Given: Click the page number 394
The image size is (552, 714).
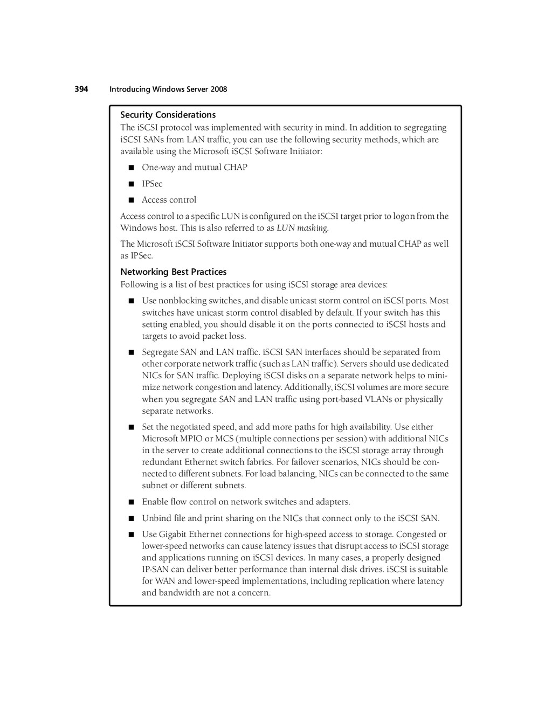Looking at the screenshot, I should [x=81, y=89].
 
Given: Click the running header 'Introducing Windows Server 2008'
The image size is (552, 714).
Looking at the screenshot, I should [x=168, y=89].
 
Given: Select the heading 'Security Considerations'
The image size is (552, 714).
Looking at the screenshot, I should [x=168, y=115].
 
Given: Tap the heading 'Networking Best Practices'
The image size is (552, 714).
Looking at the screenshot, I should [x=173, y=272].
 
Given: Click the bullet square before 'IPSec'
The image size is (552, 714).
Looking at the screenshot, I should [x=131, y=184].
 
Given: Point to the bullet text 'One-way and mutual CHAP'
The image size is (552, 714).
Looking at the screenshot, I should [x=194, y=167].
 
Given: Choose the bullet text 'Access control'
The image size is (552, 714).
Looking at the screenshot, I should [x=169, y=199].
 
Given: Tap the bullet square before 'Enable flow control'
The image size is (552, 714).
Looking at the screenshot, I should [x=131, y=502].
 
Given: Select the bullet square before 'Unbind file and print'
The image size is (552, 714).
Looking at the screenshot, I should [x=131, y=518].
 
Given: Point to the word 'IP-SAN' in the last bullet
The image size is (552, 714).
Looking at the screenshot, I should [x=155, y=569].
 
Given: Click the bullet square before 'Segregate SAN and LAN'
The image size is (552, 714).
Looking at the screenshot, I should [x=131, y=352].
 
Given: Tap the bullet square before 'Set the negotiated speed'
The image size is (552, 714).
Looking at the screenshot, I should [x=131, y=427].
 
